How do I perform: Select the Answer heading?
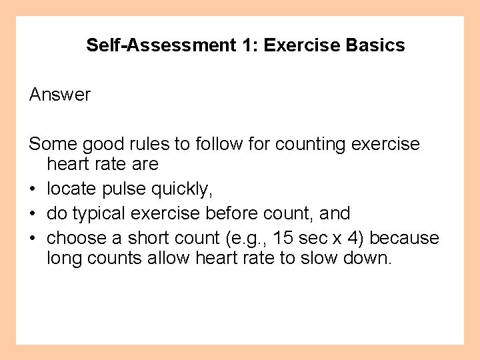coord(60,95)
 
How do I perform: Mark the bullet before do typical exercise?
coord(33,213)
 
